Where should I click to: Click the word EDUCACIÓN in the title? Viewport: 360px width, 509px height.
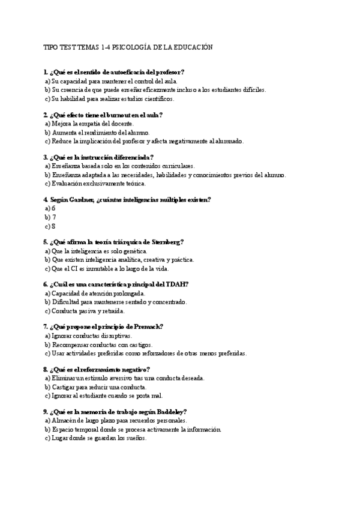pos(191,47)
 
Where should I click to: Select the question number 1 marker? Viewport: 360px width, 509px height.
pos(46,72)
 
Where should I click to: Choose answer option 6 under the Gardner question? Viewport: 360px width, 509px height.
pos(53,208)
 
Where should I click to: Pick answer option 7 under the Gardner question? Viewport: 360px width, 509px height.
pos(53,217)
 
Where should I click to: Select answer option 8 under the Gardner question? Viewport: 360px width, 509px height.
pos(53,226)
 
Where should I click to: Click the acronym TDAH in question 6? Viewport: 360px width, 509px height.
pos(178,284)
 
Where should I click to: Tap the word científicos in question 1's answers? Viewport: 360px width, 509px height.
pos(157,98)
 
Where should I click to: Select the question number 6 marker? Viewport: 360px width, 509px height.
pos(46,284)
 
